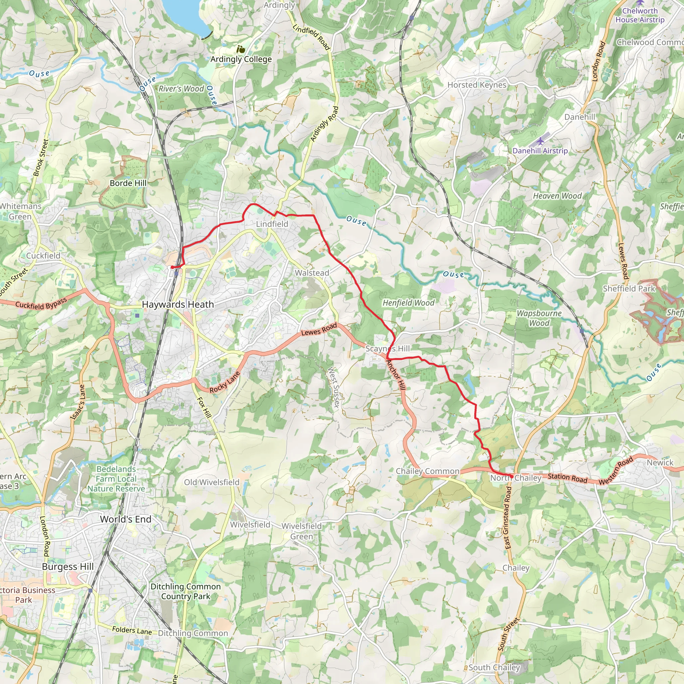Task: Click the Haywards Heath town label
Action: (x=178, y=305)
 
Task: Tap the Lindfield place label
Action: (x=272, y=224)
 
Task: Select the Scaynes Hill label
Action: (x=387, y=349)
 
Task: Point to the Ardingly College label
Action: (x=241, y=59)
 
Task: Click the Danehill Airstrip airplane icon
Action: (x=540, y=141)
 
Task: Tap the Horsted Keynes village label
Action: (x=477, y=85)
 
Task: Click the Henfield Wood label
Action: (x=408, y=303)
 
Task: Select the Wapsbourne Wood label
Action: (x=539, y=318)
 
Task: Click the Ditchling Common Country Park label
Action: (x=185, y=591)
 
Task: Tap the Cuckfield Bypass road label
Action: (x=41, y=304)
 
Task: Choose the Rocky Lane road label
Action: (x=224, y=382)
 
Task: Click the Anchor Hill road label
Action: (x=395, y=375)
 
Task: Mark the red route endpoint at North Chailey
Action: (x=511, y=477)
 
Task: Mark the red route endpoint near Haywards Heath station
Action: (x=172, y=267)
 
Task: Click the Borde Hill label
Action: (x=128, y=183)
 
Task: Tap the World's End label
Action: (x=126, y=519)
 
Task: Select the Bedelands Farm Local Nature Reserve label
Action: (x=116, y=479)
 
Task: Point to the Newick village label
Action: (x=660, y=463)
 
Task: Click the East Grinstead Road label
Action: (x=508, y=518)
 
